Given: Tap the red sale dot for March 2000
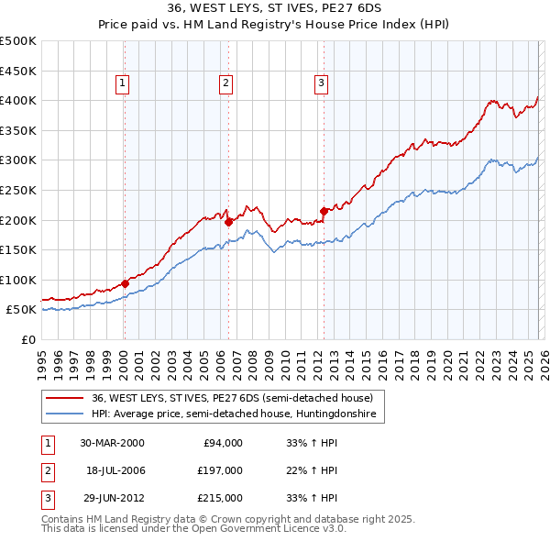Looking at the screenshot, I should coord(125,283).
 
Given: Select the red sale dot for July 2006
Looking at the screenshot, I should coord(227,221).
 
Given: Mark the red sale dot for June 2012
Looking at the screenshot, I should coord(324,211).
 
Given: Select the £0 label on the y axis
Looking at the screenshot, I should coord(27,339).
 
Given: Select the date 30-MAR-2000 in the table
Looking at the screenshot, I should coord(112,443).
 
